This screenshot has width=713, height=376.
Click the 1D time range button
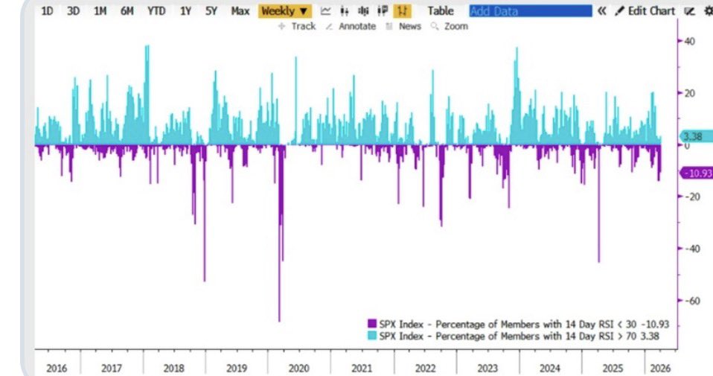pyautogui.click(x=47, y=11)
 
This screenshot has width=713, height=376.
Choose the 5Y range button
pyautogui.click(x=212, y=11)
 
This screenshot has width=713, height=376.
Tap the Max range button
pyautogui.click(x=240, y=11)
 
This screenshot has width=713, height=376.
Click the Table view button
pyautogui.click(x=440, y=11)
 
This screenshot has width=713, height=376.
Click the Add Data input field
pyautogui.click(x=530, y=11)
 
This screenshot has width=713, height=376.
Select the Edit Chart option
pyautogui.click(x=645, y=11)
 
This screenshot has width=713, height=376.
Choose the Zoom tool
pyautogui.click(x=451, y=26)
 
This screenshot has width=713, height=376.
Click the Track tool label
pyautogui.click(x=297, y=26)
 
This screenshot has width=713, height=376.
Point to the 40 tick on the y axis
pyautogui.click(x=689, y=42)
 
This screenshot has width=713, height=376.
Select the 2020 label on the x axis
pyautogui.click(x=298, y=368)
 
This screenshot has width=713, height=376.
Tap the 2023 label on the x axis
pyautogui.click(x=487, y=368)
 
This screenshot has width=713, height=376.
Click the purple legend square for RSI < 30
pyautogui.click(x=371, y=324)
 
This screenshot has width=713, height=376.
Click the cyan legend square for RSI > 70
pyautogui.click(x=371, y=336)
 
